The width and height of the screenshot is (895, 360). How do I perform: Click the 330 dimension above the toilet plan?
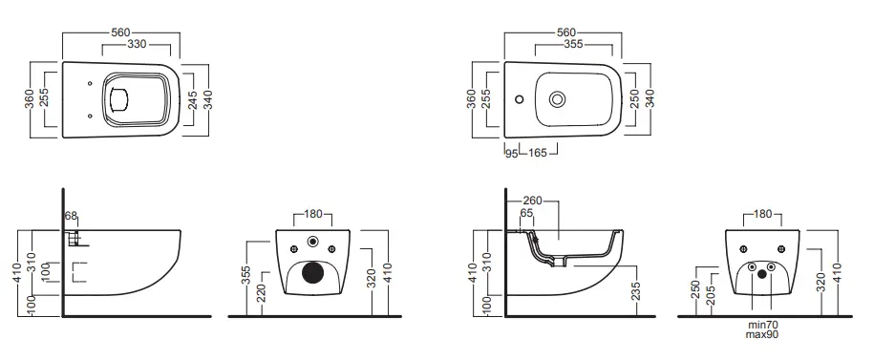tap(136, 45)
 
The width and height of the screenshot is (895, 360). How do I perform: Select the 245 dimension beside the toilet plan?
tap(192, 100)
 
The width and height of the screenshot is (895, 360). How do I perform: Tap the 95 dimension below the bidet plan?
tap(512, 153)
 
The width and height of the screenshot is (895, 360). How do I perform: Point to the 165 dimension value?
tap(537, 153)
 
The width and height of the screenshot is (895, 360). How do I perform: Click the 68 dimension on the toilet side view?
tap(71, 216)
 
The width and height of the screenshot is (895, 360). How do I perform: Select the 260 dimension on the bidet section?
tap(533, 201)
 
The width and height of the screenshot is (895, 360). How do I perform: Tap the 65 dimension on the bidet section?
tap(526, 213)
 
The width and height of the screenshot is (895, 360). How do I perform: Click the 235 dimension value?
tap(636, 291)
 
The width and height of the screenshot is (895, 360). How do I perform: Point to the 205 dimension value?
tap(711, 295)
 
